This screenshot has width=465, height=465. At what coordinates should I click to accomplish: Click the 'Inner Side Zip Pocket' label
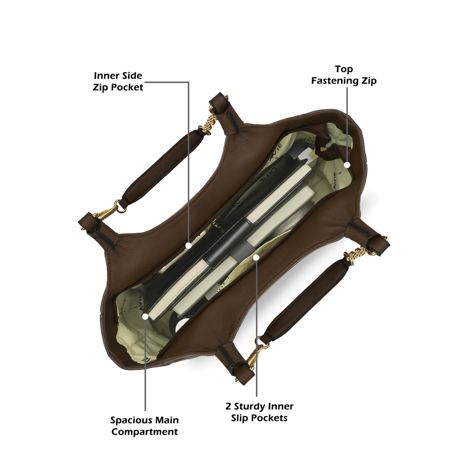(118, 81)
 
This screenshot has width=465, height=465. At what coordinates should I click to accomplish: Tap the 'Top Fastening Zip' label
(344, 75)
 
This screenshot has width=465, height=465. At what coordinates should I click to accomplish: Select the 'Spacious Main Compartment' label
(144, 425)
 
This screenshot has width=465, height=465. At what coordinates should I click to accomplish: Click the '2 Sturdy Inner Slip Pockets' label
(259, 412)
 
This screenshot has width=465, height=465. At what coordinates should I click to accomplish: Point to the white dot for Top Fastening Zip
(347, 165)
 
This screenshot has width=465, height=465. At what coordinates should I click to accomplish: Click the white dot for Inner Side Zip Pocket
(188, 246)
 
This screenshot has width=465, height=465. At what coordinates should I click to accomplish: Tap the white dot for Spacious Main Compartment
(145, 317)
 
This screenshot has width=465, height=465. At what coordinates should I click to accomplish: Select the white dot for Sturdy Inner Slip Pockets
(257, 257)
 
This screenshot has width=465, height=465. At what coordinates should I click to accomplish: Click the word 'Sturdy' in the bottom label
(248, 406)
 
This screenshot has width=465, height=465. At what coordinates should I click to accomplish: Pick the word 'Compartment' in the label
(145, 431)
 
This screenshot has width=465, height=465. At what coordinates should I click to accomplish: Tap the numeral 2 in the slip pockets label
(228, 406)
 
